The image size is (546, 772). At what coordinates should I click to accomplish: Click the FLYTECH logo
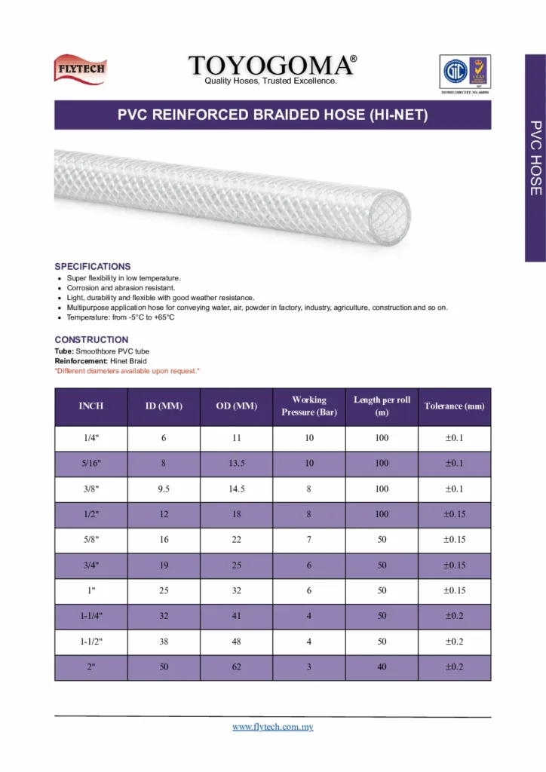coord(80,69)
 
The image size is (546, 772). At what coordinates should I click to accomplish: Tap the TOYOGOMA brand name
coord(272,65)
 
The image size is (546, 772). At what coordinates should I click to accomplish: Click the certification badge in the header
coord(465,72)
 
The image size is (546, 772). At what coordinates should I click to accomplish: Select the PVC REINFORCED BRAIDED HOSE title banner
coord(272,115)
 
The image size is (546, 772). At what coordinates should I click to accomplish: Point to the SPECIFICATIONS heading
coord(93,267)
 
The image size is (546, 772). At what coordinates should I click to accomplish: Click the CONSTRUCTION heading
coord(91,340)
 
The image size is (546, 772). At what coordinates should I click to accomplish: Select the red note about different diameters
coord(127,371)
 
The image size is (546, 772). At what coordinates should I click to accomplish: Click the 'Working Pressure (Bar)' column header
coord(309,406)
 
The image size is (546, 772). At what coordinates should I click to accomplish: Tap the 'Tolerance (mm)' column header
coord(454,406)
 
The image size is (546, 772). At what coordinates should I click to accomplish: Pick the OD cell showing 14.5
coord(237,489)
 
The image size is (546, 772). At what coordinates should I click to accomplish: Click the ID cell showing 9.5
coord(164,489)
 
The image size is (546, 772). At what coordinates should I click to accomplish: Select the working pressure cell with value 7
coord(309,541)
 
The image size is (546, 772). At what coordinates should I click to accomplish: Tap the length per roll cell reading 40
coord(382,668)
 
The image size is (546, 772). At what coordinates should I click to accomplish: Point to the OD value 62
coord(237,668)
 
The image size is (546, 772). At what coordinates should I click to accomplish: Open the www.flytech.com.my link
coord(272,727)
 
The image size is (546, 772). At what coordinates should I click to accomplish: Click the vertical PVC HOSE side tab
coord(535,158)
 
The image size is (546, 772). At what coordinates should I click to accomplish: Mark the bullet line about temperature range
coord(121,317)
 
